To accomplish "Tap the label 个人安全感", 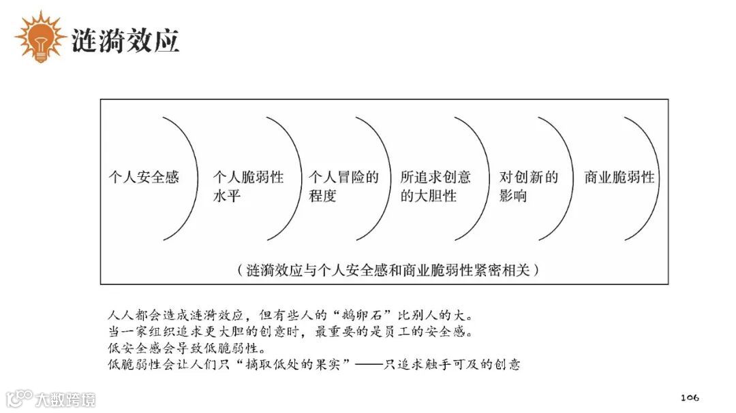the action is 144,178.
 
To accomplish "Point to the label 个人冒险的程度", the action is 343,187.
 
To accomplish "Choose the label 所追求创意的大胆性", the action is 435,187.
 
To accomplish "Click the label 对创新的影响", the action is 528,187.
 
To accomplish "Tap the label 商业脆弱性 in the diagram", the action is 619,178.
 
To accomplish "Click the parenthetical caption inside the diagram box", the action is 384,270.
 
